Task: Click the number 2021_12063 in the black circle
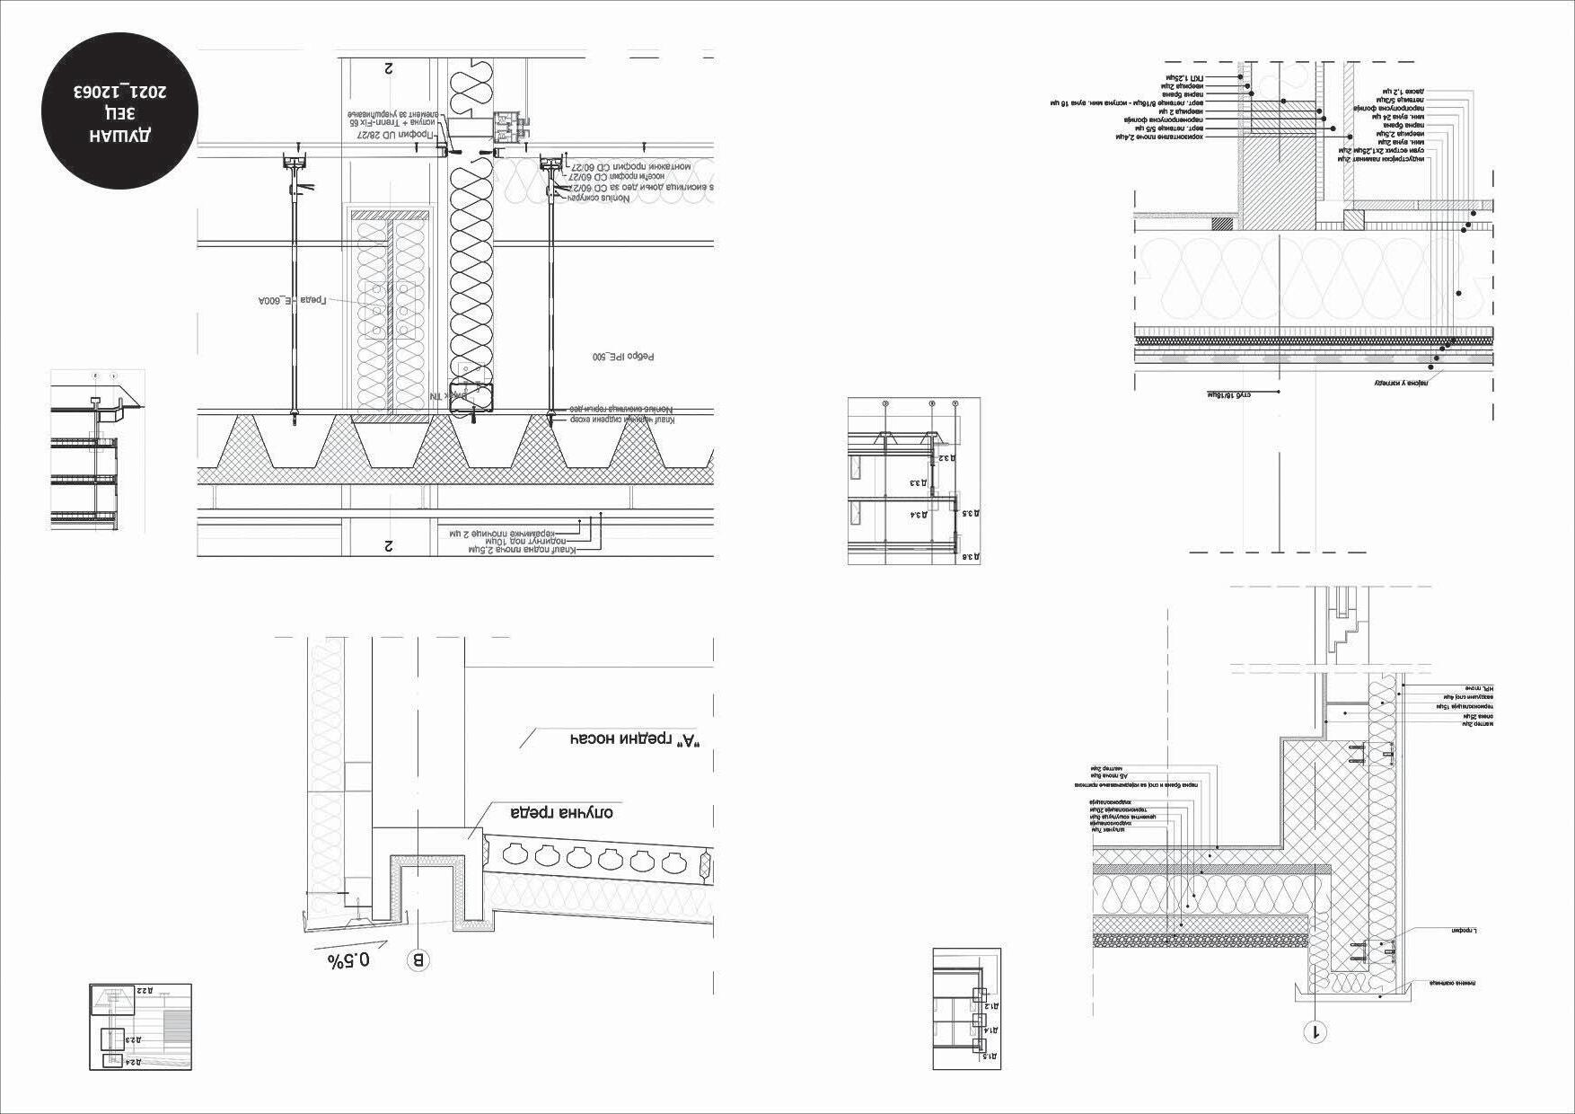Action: point(121,92)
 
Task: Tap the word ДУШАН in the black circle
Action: point(121,137)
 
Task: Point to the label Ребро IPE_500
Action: point(623,357)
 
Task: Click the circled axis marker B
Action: point(418,960)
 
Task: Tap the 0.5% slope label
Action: point(349,959)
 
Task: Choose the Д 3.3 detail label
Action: point(918,482)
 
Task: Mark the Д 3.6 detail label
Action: point(970,558)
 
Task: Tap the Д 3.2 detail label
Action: point(946,457)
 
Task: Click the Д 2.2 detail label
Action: point(145,990)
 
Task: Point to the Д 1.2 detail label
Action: point(991,1006)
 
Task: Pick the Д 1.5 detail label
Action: point(991,1056)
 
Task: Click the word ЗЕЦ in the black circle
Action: point(121,114)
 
